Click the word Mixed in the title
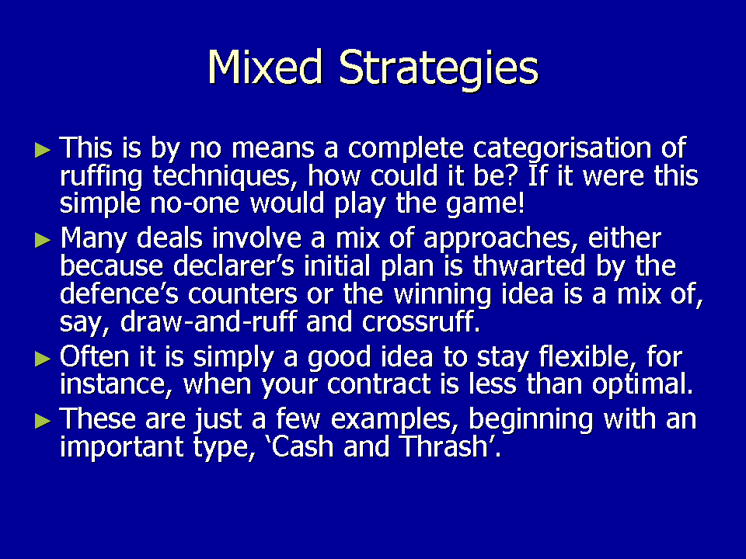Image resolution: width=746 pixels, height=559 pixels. click(265, 67)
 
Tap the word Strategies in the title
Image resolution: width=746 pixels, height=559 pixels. click(438, 70)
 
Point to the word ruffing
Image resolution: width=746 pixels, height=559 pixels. click(101, 177)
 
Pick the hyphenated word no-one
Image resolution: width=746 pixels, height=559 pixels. click(194, 204)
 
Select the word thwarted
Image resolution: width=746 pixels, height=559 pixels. click(529, 266)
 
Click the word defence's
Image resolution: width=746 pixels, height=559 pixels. click(119, 293)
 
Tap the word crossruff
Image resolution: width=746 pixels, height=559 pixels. click(420, 321)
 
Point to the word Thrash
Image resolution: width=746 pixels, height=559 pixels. click(450, 446)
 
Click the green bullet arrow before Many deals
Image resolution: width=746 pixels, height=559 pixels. click(43, 240)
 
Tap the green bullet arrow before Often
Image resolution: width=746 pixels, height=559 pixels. click(43, 359)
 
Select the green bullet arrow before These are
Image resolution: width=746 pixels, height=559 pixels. click(43, 421)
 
